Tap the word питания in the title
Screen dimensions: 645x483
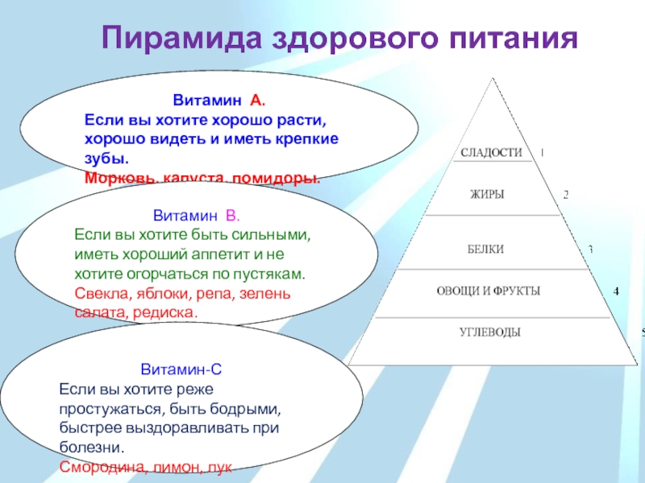(x=510, y=39)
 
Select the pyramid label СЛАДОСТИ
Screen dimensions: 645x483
(x=491, y=152)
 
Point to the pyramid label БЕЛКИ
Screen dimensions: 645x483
(x=485, y=250)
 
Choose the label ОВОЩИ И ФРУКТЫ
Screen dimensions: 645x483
(x=488, y=290)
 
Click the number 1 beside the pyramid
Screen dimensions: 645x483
(x=542, y=151)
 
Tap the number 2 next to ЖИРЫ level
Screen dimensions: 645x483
(x=566, y=194)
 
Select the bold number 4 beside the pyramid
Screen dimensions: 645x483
(x=617, y=290)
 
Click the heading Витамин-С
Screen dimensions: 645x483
(x=181, y=371)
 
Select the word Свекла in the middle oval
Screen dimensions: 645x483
(x=96, y=293)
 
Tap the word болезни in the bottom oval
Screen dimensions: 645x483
(x=89, y=447)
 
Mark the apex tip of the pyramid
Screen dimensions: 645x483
(x=489, y=78)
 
